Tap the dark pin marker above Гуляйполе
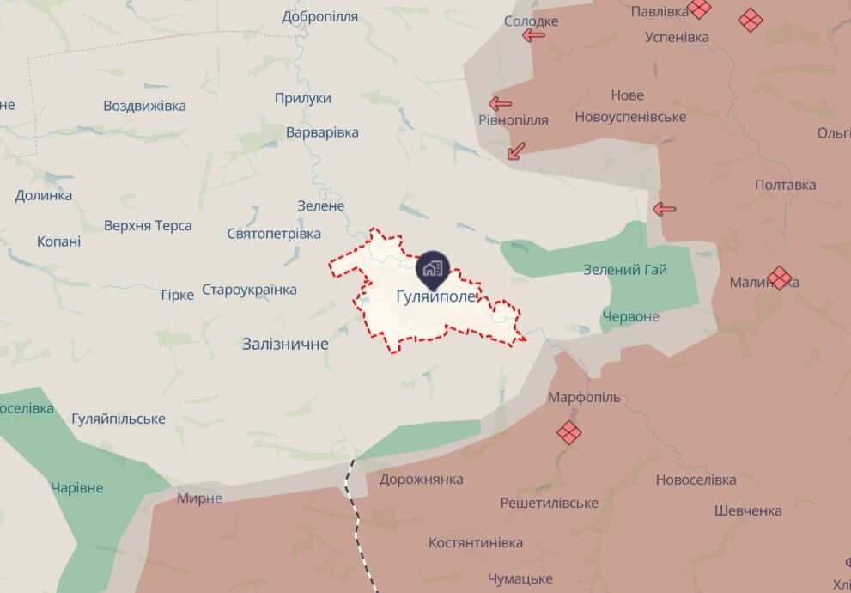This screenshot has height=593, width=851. [x=432, y=269]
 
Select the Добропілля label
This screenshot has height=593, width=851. [x=319, y=16]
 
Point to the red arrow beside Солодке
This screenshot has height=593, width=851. [x=534, y=35]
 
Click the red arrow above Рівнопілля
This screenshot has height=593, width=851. [x=500, y=103]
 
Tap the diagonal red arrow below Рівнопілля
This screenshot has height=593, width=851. [x=516, y=151]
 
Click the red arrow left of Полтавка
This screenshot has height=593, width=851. [x=665, y=208]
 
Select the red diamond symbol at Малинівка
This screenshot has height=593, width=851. [x=780, y=277]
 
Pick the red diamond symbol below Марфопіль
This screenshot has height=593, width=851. [x=568, y=431]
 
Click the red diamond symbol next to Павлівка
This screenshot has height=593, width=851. [x=699, y=9]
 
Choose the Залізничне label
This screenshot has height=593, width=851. [x=285, y=344]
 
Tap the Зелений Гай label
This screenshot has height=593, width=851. [x=625, y=270]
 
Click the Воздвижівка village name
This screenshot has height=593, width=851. [x=144, y=106]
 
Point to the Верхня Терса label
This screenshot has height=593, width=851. [x=148, y=226]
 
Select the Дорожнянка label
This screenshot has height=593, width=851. [x=421, y=480]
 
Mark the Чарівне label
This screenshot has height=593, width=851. [x=76, y=488]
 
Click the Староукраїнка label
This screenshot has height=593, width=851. [x=249, y=290]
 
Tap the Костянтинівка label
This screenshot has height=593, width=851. [x=476, y=543]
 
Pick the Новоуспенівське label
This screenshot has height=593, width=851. [x=630, y=117]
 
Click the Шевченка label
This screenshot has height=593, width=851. [x=748, y=510]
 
